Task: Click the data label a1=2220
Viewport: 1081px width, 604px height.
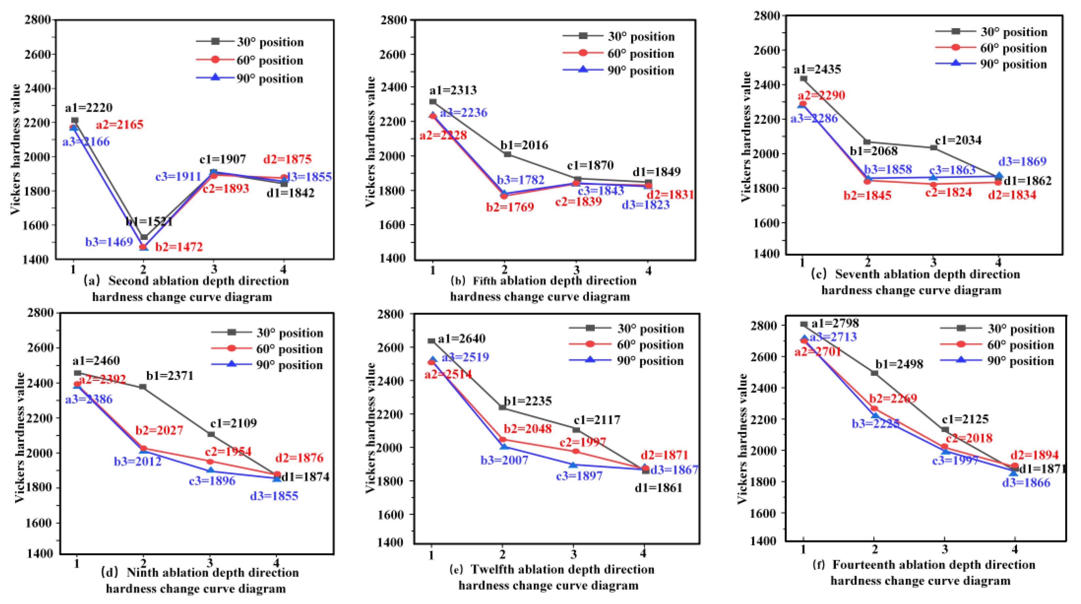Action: coord(89,108)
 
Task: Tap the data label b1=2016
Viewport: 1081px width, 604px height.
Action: coord(524,145)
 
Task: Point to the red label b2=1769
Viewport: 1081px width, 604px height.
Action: coord(510,207)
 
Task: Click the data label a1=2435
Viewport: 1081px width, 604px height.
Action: coord(817,69)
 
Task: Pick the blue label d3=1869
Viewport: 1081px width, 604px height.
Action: coord(1022,161)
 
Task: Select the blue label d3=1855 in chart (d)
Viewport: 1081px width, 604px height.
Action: coord(274,496)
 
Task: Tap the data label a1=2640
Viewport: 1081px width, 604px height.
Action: coord(462,339)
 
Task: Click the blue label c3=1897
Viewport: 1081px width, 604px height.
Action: coord(579,476)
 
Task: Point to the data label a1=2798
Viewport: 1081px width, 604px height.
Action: coord(835,323)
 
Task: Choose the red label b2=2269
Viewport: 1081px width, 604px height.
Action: coord(893,398)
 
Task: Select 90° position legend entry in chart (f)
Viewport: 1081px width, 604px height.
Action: coord(1020,361)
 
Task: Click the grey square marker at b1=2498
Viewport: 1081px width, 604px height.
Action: coord(874,373)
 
